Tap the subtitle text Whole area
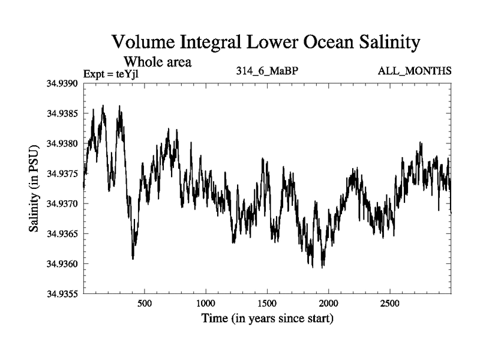[x=157, y=61]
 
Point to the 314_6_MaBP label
[x=267, y=71]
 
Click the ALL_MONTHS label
[x=415, y=71]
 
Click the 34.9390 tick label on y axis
[x=62, y=83]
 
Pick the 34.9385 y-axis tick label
[x=62, y=113]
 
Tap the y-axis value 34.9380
[x=62, y=143]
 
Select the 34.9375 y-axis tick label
[x=62, y=173]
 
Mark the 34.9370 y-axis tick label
[x=62, y=203]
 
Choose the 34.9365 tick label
[x=62, y=233]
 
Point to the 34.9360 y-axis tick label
[x=62, y=263]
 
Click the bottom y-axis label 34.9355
[x=62, y=293]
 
